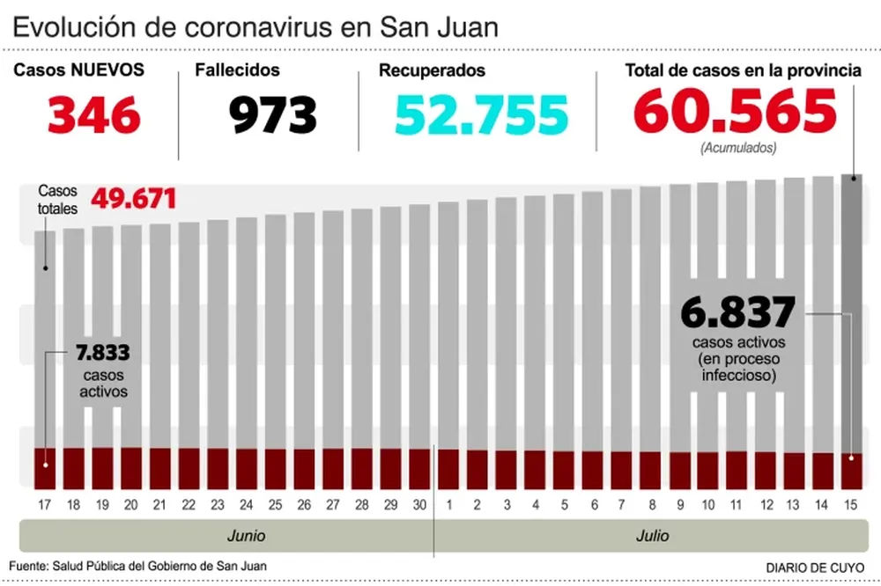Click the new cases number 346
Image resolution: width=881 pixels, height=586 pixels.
coord(93,115)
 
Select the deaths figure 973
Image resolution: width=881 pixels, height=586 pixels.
coord(274,115)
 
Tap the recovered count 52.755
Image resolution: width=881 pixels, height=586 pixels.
coord(481,115)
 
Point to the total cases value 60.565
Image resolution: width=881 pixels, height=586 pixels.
coord(735,113)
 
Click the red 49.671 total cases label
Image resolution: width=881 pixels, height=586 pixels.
coord(134,199)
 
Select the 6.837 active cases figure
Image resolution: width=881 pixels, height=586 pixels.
coord(738,311)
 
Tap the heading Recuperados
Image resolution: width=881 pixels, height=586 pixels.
coord(432,70)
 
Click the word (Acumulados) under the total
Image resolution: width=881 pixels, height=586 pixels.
coord(738,149)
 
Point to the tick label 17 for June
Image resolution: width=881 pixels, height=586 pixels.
coord(45,505)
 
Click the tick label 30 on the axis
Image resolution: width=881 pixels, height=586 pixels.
coord(419,505)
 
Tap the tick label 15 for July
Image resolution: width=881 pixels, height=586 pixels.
coord(851,505)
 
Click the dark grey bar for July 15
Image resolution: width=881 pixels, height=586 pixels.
coord(851,308)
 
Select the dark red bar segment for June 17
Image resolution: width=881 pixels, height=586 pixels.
coord(45,468)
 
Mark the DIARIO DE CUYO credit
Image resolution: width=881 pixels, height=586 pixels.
coord(816,567)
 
